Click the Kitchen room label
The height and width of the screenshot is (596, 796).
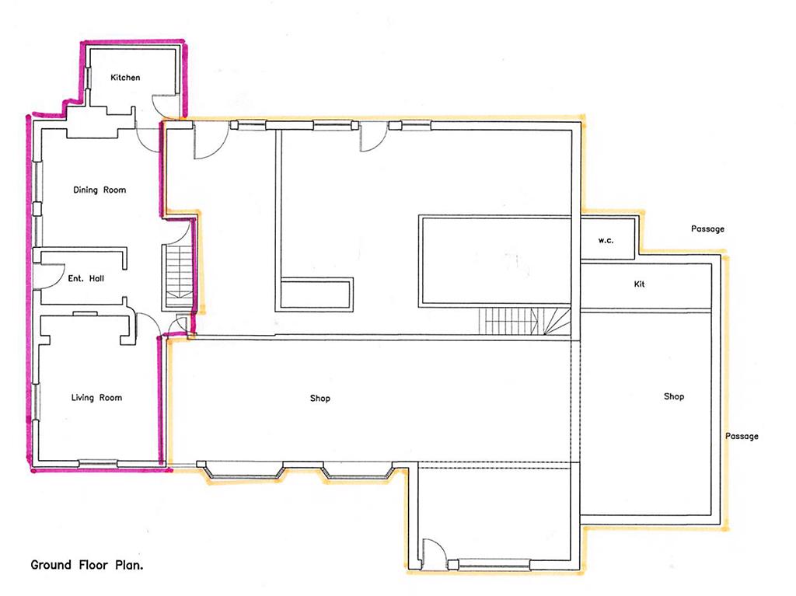tap(125, 77)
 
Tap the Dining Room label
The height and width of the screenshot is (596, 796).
tap(99, 190)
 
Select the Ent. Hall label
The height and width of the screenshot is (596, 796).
tap(86, 278)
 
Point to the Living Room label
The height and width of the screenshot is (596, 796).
tap(96, 398)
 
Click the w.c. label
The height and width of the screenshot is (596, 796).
tap(606, 241)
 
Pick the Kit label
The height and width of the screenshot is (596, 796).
tap(639, 284)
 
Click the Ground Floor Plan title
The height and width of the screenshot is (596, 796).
tap(87, 564)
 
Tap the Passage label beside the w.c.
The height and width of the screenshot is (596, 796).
tap(707, 229)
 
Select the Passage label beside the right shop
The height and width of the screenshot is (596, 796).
tap(742, 436)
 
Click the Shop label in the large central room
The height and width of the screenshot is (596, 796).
tap(319, 399)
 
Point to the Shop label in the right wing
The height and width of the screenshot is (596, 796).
tap(674, 396)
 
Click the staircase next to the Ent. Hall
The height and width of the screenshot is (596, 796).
tap(178, 277)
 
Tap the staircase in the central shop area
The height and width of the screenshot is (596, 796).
tap(525, 321)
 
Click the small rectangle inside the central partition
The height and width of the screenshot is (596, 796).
tap(316, 294)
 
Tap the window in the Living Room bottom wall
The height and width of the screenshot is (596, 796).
tap(98, 463)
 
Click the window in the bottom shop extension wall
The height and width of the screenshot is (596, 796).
tap(494, 564)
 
